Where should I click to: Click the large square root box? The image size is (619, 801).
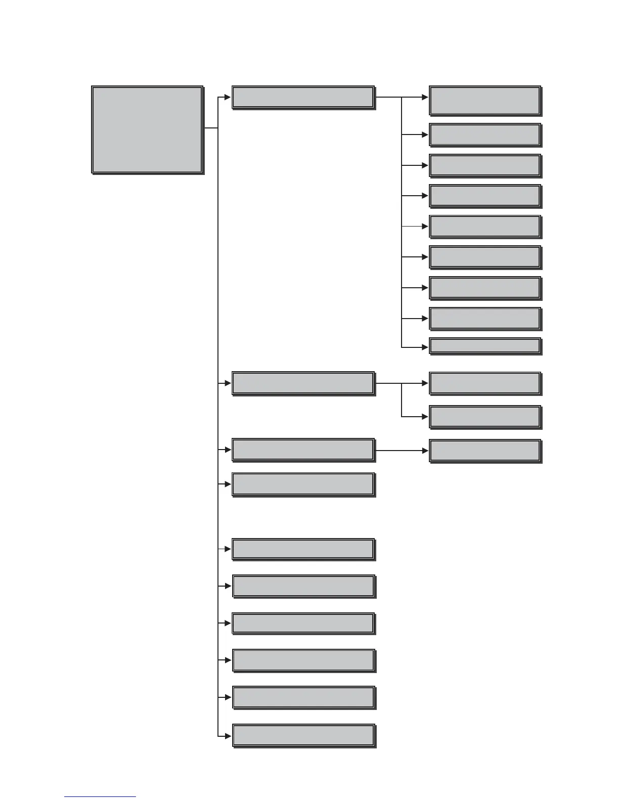147,129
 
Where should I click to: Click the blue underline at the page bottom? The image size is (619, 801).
100,796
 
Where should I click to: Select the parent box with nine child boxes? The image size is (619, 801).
303,97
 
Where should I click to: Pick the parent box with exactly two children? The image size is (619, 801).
303,383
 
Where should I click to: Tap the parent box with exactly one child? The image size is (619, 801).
303,450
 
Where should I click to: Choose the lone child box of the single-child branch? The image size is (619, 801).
485,451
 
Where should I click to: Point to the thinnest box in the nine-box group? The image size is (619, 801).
485,346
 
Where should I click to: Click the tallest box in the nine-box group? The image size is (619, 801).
485,100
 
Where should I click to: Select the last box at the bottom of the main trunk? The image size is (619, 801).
303,735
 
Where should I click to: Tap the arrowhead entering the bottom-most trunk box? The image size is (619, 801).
228,735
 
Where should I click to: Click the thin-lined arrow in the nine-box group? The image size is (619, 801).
415,226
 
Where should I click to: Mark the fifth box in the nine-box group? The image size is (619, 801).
485,227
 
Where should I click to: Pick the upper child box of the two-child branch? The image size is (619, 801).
485,383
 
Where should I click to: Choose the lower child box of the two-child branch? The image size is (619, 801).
485,417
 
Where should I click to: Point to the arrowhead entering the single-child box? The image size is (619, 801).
425,450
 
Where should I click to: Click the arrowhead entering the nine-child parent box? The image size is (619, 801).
228,97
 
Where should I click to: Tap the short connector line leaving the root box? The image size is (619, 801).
211,128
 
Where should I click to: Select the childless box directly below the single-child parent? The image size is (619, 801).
303,484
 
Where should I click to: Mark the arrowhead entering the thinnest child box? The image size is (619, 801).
425,347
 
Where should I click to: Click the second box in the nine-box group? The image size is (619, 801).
485,135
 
